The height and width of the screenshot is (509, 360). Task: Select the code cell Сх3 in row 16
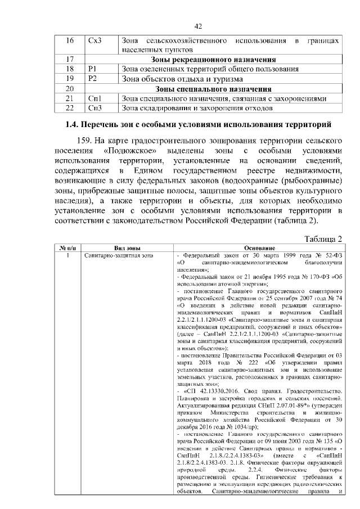tap(95, 42)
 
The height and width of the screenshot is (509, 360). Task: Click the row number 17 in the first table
tap(70, 59)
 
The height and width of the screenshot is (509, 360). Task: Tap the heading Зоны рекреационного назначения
tap(213, 59)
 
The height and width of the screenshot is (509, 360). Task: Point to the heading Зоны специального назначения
tap(213, 88)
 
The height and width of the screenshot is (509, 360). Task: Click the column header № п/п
tap(67, 247)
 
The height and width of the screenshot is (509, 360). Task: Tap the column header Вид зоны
tap(127, 247)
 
